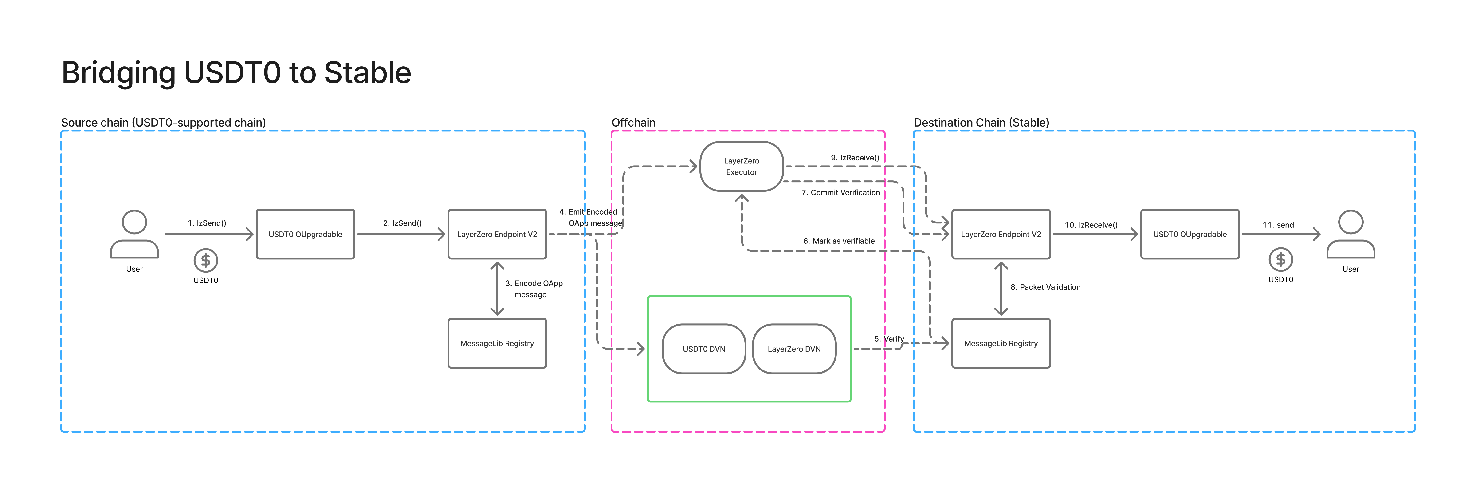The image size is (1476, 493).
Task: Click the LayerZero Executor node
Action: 742,166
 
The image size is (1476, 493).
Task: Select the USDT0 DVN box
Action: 704,349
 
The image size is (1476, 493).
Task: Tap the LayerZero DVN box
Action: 794,349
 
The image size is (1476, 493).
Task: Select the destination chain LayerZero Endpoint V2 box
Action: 1001,234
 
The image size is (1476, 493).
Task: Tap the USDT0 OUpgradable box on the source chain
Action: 305,234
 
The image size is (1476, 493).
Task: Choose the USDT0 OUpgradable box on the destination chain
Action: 1190,234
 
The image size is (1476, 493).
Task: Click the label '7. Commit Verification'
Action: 840,193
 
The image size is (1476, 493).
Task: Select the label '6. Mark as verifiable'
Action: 839,241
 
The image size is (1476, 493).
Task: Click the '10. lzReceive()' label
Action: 1091,225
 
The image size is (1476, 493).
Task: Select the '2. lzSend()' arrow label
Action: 402,223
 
